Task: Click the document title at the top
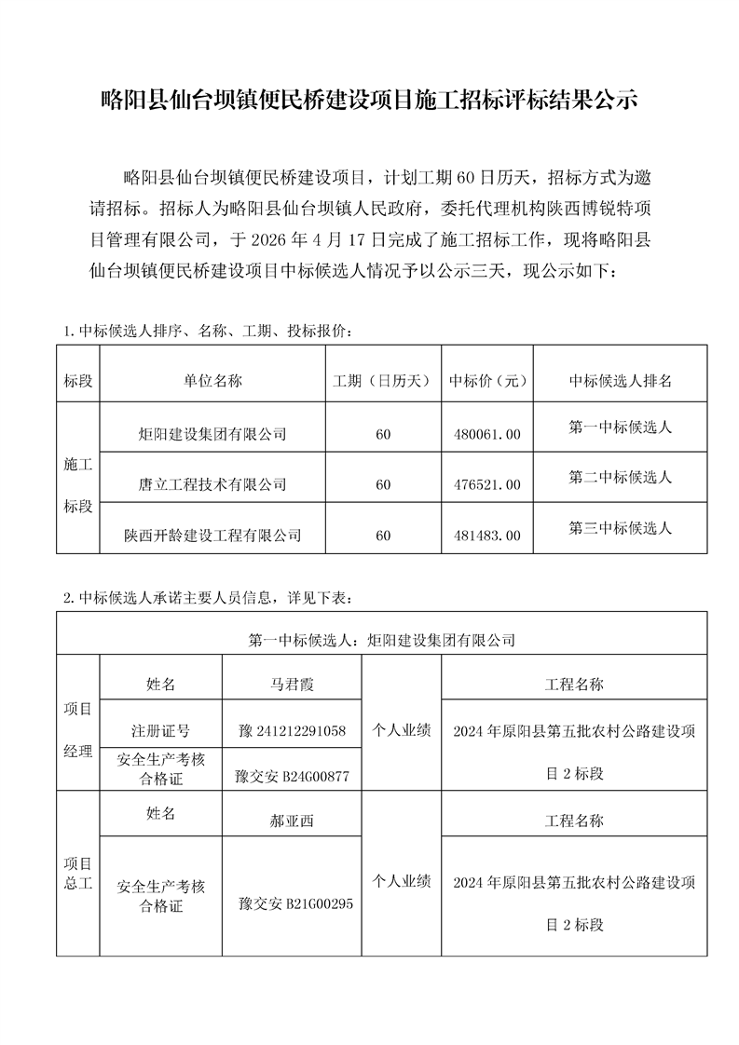(x=369, y=101)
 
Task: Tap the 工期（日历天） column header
(x=382, y=381)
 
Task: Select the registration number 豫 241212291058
(x=293, y=731)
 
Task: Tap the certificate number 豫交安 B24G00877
(x=293, y=776)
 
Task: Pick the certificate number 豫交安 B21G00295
(x=294, y=903)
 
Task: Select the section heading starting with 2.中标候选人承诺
(x=207, y=597)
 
